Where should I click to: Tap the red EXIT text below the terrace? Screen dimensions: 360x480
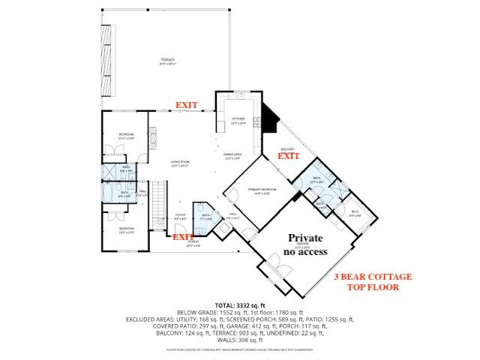[x=187, y=105]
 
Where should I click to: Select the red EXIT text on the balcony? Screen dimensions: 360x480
[x=289, y=156]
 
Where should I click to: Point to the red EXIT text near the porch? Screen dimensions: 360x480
[x=184, y=237]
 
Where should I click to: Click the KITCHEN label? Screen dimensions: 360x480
[x=238, y=118]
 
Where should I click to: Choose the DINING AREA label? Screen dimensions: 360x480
[x=232, y=156]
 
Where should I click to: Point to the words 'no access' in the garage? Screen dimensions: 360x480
[x=305, y=251]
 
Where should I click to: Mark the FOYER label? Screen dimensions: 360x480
[x=180, y=215]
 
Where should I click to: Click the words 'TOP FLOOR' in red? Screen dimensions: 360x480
[x=367, y=286]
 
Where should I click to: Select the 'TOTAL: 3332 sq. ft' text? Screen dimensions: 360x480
[x=240, y=305]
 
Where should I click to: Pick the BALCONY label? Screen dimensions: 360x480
[x=289, y=148]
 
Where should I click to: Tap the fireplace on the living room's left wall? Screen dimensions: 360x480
[x=151, y=136]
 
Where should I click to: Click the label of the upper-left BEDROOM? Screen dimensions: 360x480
[x=125, y=135]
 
